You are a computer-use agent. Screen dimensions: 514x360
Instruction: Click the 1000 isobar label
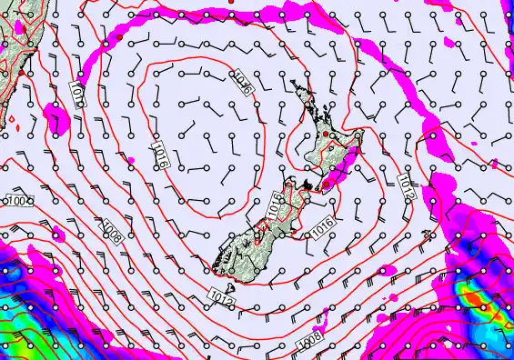click(16, 199)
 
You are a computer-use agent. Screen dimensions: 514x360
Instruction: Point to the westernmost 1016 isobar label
click(160, 152)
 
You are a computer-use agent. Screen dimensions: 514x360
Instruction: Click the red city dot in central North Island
click(326, 135)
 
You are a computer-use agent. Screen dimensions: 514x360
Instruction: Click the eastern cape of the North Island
click(361, 135)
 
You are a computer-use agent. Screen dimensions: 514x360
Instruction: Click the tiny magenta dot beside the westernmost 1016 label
click(133, 160)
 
